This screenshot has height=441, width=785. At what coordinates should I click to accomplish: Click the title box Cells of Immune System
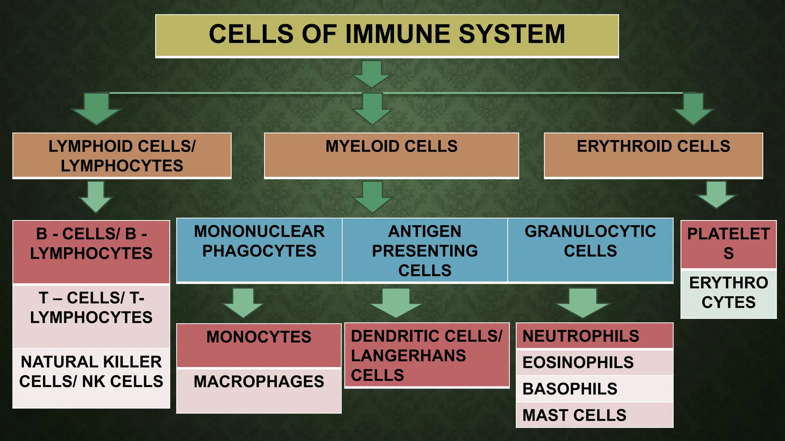[387, 36]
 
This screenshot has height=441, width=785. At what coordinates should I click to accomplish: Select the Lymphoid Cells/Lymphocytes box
[122, 155]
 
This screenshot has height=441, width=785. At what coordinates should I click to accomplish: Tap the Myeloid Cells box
[391, 155]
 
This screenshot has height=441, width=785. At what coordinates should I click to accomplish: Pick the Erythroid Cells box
[653, 155]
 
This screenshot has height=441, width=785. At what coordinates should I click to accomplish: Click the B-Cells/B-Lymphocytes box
[91, 252]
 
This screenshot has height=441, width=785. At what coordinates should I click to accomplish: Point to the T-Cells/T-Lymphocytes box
[91, 316]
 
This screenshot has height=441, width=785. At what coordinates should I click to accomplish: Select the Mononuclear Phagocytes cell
[259, 250]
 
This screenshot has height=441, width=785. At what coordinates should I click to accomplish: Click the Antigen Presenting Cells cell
[425, 250]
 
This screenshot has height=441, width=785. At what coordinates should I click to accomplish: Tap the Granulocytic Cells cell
[590, 250]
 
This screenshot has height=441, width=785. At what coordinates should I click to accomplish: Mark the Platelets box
[728, 244]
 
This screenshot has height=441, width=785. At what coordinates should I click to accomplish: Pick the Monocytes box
[259, 345]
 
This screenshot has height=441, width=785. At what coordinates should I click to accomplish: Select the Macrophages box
[259, 390]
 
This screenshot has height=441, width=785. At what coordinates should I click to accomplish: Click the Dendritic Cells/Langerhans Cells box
[427, 355]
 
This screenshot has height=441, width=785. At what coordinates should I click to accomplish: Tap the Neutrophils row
[594, 336]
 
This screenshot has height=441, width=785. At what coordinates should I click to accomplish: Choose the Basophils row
[594, 389]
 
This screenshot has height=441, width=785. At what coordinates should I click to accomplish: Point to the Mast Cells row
[594, 415]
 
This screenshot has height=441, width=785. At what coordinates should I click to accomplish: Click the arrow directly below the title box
[371, 74]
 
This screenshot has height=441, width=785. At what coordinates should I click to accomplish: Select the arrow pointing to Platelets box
[716, 194]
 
